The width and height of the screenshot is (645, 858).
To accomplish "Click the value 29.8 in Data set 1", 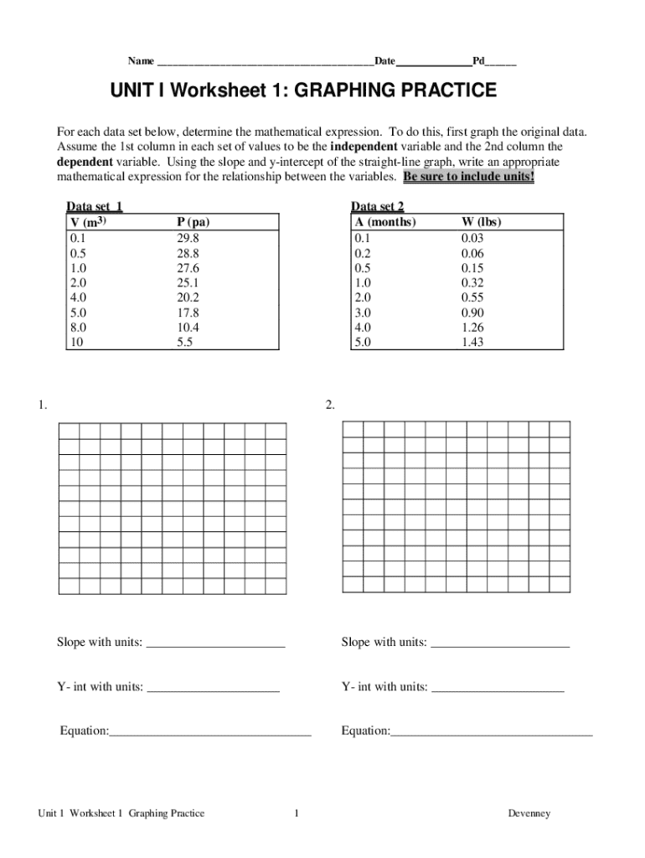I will [x=188, y=238].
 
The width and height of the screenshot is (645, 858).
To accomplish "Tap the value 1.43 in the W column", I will [x=472, y=343].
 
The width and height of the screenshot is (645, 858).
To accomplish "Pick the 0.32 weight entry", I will [x=472, y=283].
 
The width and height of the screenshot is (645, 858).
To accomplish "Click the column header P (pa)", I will [x=193, y=223].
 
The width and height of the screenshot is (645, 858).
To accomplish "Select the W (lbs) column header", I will [x=482, y=223].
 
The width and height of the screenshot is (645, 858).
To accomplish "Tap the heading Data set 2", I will [x=378, y=207].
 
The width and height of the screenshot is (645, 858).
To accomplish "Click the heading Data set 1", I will [x=95, y=207].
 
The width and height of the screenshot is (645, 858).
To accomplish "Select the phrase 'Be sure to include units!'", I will [x=468, y=177].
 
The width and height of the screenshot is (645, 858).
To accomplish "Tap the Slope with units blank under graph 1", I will [x=215, y=643].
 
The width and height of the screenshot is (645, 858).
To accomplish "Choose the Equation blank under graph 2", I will [x=492, y=732].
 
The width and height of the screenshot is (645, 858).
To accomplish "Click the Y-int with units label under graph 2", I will [x=384, y=687].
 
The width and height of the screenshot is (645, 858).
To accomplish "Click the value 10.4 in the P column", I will [x=188, y=328].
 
